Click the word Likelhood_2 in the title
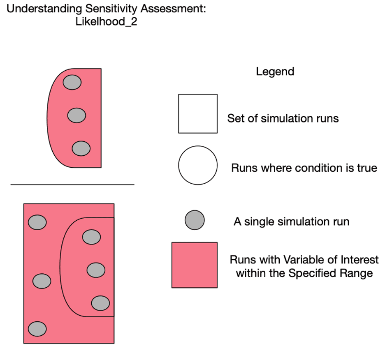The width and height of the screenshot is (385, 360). coord(106,22)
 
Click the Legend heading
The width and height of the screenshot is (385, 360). coord(275,72)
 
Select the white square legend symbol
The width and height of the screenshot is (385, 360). coord(198,114)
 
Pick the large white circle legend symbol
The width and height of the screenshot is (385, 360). coord(198,165)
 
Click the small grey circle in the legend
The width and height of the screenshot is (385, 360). coord(195,220)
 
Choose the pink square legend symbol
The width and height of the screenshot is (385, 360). coord(195,265)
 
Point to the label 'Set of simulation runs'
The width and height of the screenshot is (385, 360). coord(283,119)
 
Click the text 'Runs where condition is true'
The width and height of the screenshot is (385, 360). coord(304,168)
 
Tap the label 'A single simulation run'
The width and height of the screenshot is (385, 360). coord(291,222)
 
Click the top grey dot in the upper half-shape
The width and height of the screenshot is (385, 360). coord(72,82)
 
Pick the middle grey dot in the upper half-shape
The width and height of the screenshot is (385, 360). coord(77,115)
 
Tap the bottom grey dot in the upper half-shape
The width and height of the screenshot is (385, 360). coord(81,148)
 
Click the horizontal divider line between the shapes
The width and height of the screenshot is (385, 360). coord(72,185)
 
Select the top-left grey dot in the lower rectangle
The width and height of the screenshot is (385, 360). coord(37,222)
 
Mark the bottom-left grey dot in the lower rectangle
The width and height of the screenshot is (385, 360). coord(37,329)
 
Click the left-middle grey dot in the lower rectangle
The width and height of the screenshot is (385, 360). coord(42,282)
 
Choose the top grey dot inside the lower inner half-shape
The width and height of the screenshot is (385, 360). coord(91,237)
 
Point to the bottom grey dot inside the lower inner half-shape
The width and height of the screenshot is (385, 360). coord(100,303)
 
